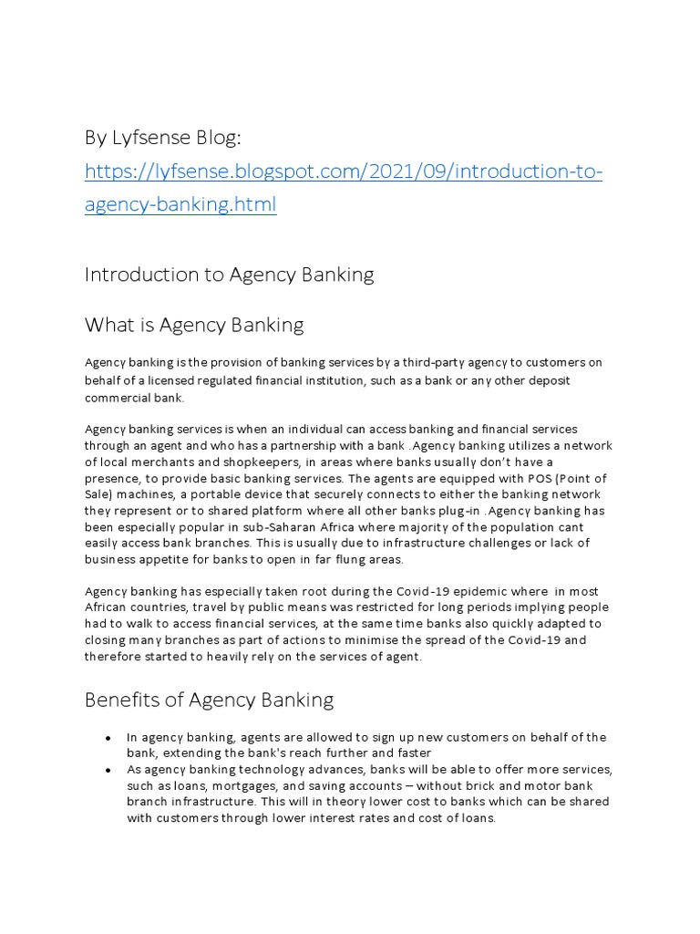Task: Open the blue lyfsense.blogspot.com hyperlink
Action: [x=344, y=171]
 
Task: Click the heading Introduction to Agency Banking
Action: [x=229, y=275]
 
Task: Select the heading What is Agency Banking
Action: [x=194, y=325]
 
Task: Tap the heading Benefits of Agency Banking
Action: [x=209, y=700]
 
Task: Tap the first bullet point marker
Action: [x=108, y=737]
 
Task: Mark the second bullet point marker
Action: [x=108, y=770]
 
